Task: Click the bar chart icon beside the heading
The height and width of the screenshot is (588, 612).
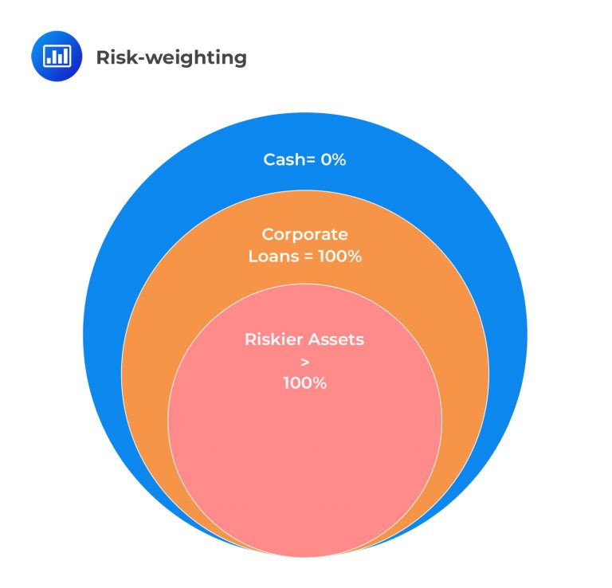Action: [x=57, y=57]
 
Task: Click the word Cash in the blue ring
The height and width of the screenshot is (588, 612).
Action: [x=282, y=159]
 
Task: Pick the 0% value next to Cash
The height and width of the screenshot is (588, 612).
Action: [x=334, y=159]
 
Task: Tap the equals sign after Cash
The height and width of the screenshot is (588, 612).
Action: [x=308, y=160]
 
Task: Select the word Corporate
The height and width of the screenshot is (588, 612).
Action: [x=305, y=235]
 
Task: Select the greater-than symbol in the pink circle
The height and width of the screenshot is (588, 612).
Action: [x=305, y=361]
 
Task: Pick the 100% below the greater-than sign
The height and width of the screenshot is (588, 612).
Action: [x=305, y=382]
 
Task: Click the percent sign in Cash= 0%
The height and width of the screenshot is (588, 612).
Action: [x=340, y=159]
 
